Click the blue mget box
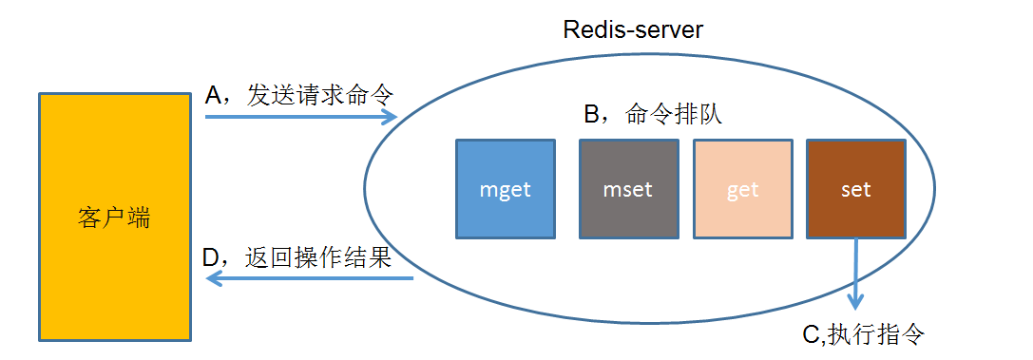tap(505, 189)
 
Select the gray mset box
tap(628, 189)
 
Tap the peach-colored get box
tap(742, 189)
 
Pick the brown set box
tap(855, 189)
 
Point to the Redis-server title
tap(632, 29)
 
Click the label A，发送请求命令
tap(298, 95)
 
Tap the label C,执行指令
tap(863, 334)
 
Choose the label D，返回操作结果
tap(297, 258)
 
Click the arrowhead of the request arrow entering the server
tap(390, 117)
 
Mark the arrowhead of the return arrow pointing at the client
tap(214, 278)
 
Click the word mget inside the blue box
tap(505, 190)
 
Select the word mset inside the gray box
tap(628, 190)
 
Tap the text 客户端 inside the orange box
tap(113, 218)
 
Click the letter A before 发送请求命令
tap(213, 96)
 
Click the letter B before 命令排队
tap(591, 116)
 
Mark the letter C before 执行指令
tap(811, 335)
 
